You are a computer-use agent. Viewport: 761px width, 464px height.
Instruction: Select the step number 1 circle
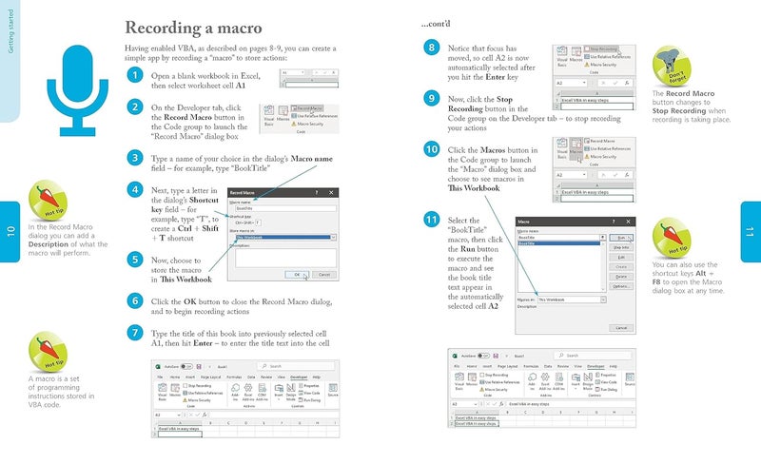(135, 75)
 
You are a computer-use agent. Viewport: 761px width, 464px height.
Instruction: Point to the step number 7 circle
(135, 334)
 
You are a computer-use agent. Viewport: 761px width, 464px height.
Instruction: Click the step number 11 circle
(432, 221)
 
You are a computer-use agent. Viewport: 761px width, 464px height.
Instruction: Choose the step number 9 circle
(432, 99)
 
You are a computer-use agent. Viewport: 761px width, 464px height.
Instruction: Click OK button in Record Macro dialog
(297, 274)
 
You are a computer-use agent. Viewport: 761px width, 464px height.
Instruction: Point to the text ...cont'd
(437, 22)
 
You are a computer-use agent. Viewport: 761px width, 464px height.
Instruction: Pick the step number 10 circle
(432, 150)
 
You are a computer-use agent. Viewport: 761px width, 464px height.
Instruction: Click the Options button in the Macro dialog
(620, 285)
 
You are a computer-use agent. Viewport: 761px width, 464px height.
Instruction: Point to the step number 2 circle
(135, 108)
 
